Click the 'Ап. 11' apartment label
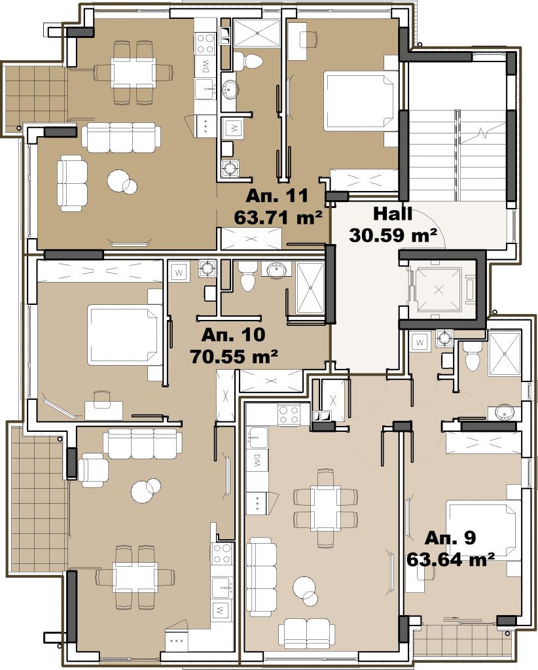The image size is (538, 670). pyautogui.click(x=277, y=196)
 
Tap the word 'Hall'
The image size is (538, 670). pyautogui.click(x=393, y=214)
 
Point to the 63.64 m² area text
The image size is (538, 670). pyautogui.click(x=450, y=559)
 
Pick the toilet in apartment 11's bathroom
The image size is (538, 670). pyautogui.click(x=247, y=61)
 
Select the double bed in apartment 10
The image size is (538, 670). pyautogui.click(x=126, y=334)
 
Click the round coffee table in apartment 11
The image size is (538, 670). pyautogui.click(x=122, y=182)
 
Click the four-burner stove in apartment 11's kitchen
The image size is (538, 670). pyautogui.click(x=205, y=44)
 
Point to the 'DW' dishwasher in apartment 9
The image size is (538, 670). pyautogui.click(x=257, y=461)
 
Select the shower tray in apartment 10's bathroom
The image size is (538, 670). pyautogui.click(x=310, y=289)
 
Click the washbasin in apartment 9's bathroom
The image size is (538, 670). pyautogui.click(x=505, y=412)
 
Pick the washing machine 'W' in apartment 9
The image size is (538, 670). pyautogui.click(x=420, y=342)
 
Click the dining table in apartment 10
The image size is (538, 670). pyautogui.click(x=135, y=577)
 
